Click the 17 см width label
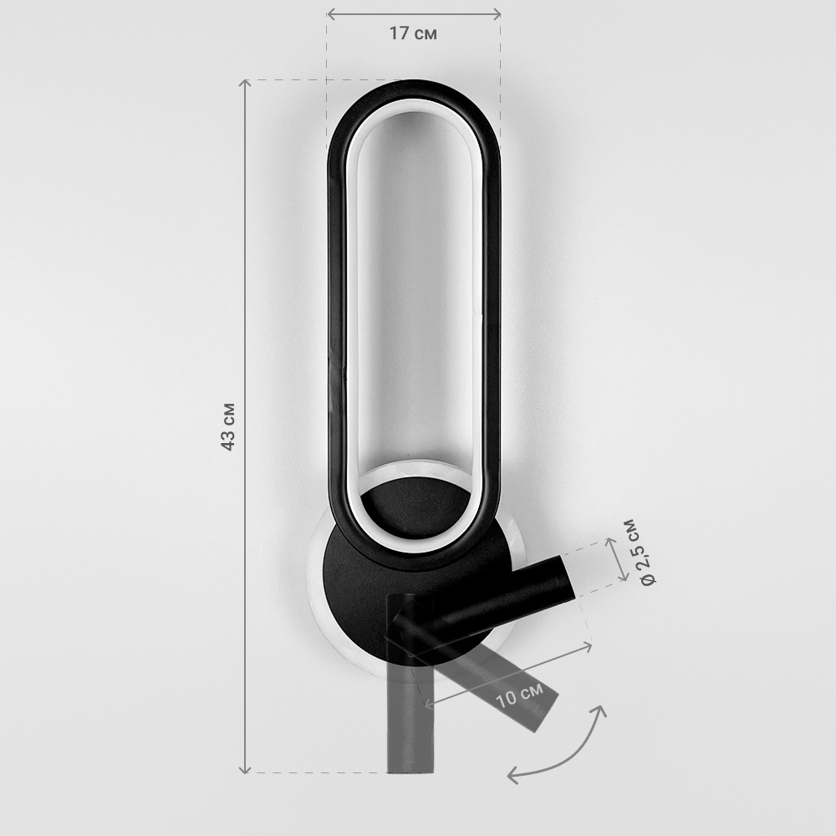point(413,33)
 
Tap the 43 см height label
point(227,426)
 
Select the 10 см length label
point(519,694)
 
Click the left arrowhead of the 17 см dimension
point(330,14)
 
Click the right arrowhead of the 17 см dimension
point(497,14)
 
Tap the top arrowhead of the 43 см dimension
point(244,83)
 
